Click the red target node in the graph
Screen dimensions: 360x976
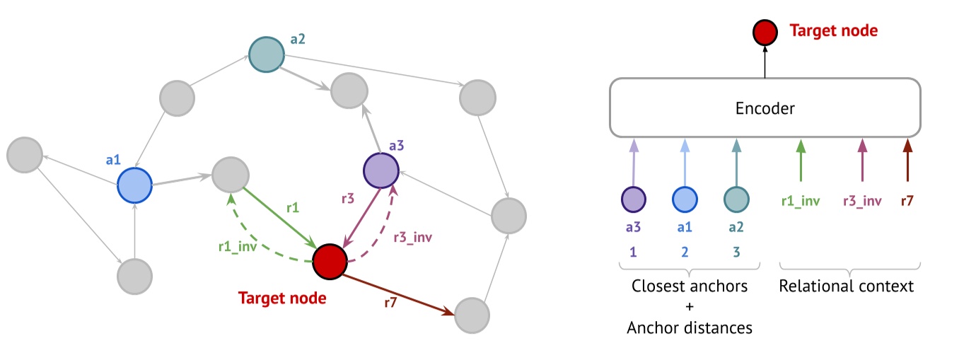pos(329,260)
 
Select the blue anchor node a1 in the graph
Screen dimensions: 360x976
pos(135,185)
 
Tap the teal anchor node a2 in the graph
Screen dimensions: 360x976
pos(267,54)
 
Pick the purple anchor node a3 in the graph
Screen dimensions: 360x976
pos(381,169)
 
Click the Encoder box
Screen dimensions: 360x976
pos(765,108)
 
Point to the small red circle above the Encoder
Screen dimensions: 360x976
pos(765,32)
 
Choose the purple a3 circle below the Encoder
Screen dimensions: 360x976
pos(633,200)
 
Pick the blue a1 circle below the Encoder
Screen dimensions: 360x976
pos(683,200)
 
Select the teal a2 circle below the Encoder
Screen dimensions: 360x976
pos(736,200)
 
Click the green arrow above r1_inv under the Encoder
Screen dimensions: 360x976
pos(801,161)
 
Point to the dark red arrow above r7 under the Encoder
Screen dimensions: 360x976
pos(907,161)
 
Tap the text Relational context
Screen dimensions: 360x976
pos(847,286)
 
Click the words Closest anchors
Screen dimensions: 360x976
pos(689,286)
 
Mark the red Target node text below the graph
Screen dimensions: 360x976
pos(281,298)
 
